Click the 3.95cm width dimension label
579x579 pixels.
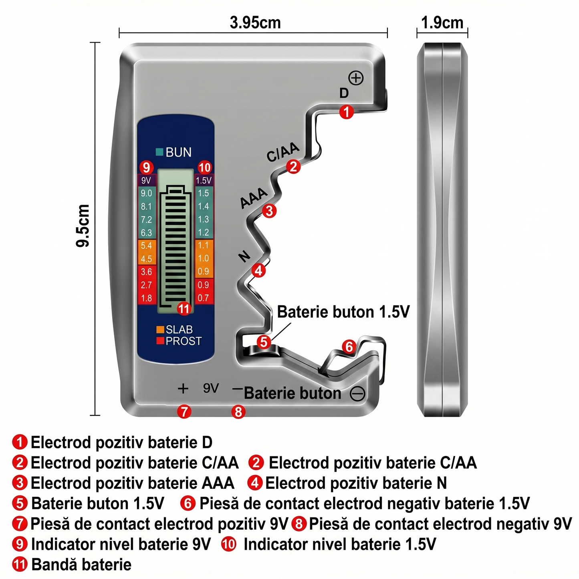[x=255, y=22]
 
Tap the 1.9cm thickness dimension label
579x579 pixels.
[x=442, y=22]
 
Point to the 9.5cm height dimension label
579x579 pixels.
[x=83, y=226]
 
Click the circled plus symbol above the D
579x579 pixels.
[x=356, y=78]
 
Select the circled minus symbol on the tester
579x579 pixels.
[x=357, y=393]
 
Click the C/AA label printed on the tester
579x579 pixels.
[x=283, y=152]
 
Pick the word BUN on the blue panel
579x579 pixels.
[x=178, y=152]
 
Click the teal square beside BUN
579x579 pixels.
[x=159, y=152]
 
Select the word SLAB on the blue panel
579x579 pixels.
[x=179, y=330]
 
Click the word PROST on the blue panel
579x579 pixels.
[x=184, y=341]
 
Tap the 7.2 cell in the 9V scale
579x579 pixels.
[x=146, y=220]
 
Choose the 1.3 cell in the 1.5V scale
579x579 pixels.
[x=204, y=219]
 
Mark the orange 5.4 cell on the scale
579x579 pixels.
[x=147, y=246]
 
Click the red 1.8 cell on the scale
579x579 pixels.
[x=147, y=299]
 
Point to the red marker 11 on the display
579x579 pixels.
[x=184, y=309]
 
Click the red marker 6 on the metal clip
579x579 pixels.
[x=349, y=347]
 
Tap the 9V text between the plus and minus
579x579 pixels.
[x=211, y=388]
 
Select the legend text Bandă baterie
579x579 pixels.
[x=81, y=565]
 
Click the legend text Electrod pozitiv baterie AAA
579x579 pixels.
[x=132, y=483]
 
